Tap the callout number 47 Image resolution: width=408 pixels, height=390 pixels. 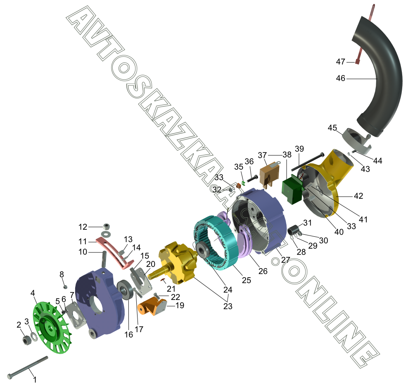coord(340,62)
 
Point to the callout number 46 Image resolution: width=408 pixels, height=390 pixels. coord(340,78)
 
